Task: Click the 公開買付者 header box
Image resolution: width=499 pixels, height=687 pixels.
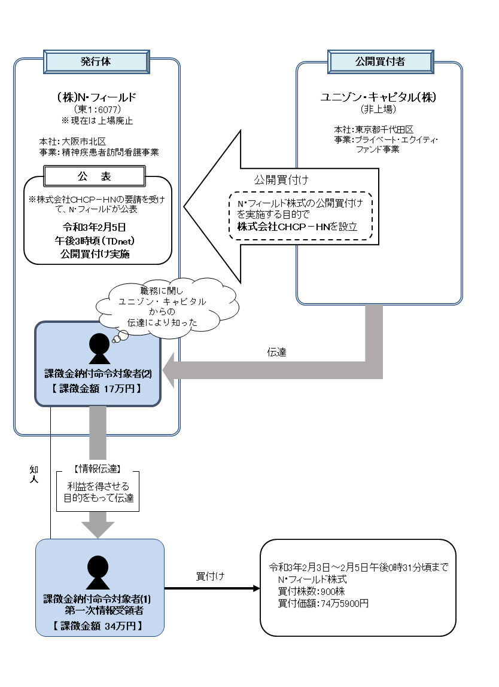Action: (x=379, y=62)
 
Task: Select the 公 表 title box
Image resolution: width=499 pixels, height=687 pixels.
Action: (x=95, y=176)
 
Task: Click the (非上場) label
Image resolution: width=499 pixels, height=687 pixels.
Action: (x=379, y=109)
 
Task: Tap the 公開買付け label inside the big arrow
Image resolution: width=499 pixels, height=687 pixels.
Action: (x=281, y=179)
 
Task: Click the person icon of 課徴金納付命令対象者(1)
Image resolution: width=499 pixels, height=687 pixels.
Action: (x=99, y=572)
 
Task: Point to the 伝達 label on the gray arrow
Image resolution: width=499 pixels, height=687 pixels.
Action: (x=277, y=353)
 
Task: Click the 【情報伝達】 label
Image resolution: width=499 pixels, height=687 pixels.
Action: (x=98, y=468)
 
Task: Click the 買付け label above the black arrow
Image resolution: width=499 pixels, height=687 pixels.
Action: (x=211, y=576)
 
